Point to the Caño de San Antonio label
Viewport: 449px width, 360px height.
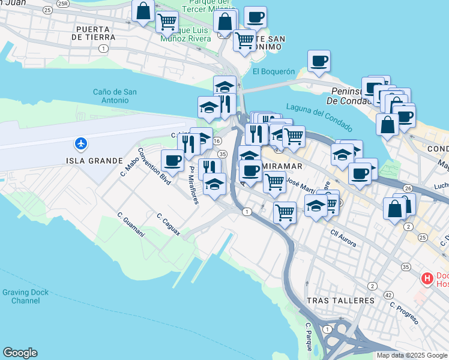[x=115, y=96]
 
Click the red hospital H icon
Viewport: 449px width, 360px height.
[x=427, y=278]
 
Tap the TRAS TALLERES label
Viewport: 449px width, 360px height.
[x=340, y=299]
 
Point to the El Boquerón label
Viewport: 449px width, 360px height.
[x=274, y=71]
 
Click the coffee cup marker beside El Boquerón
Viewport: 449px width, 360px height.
[x=319, y=61]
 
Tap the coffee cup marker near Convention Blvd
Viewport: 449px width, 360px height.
[x=172, y=160]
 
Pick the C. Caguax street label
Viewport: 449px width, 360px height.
[x=168, y=224]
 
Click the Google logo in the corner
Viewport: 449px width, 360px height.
[x=20, y=353]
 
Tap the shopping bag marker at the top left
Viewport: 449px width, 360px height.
[x=143, y=11]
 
